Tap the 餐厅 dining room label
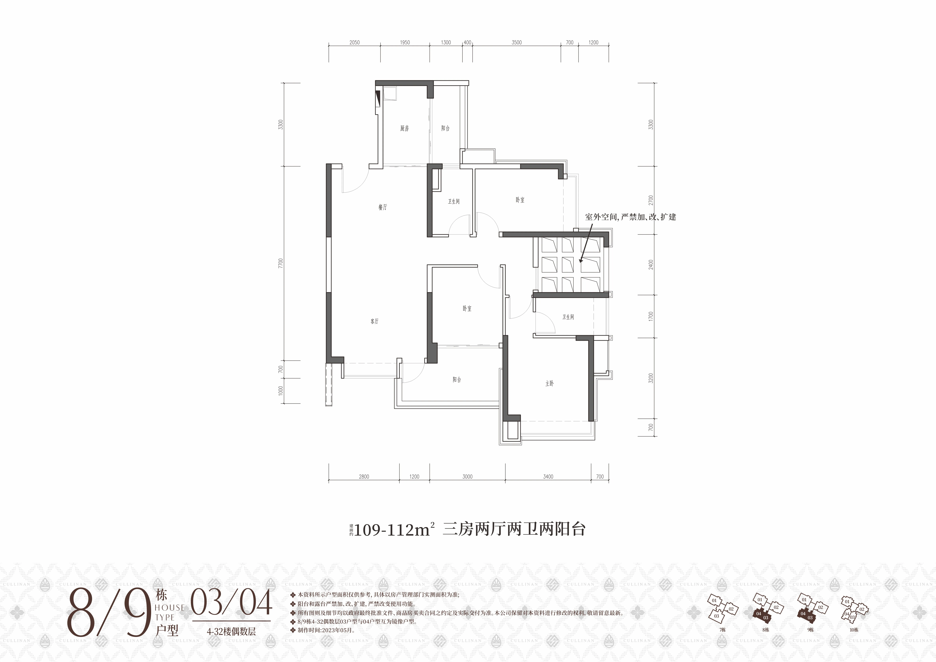coord(382,207)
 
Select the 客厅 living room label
coord(374,321)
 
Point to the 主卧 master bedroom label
coord(550,383)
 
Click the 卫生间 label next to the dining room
coord(454,202)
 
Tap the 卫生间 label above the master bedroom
coord(568,317)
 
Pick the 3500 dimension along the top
coord(517,42)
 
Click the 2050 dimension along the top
coord(354,42)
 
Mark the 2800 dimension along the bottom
coord(364,476)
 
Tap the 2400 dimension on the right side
coord(651,264)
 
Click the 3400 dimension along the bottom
coord(548,476)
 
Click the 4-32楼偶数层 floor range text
coord(231,631)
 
